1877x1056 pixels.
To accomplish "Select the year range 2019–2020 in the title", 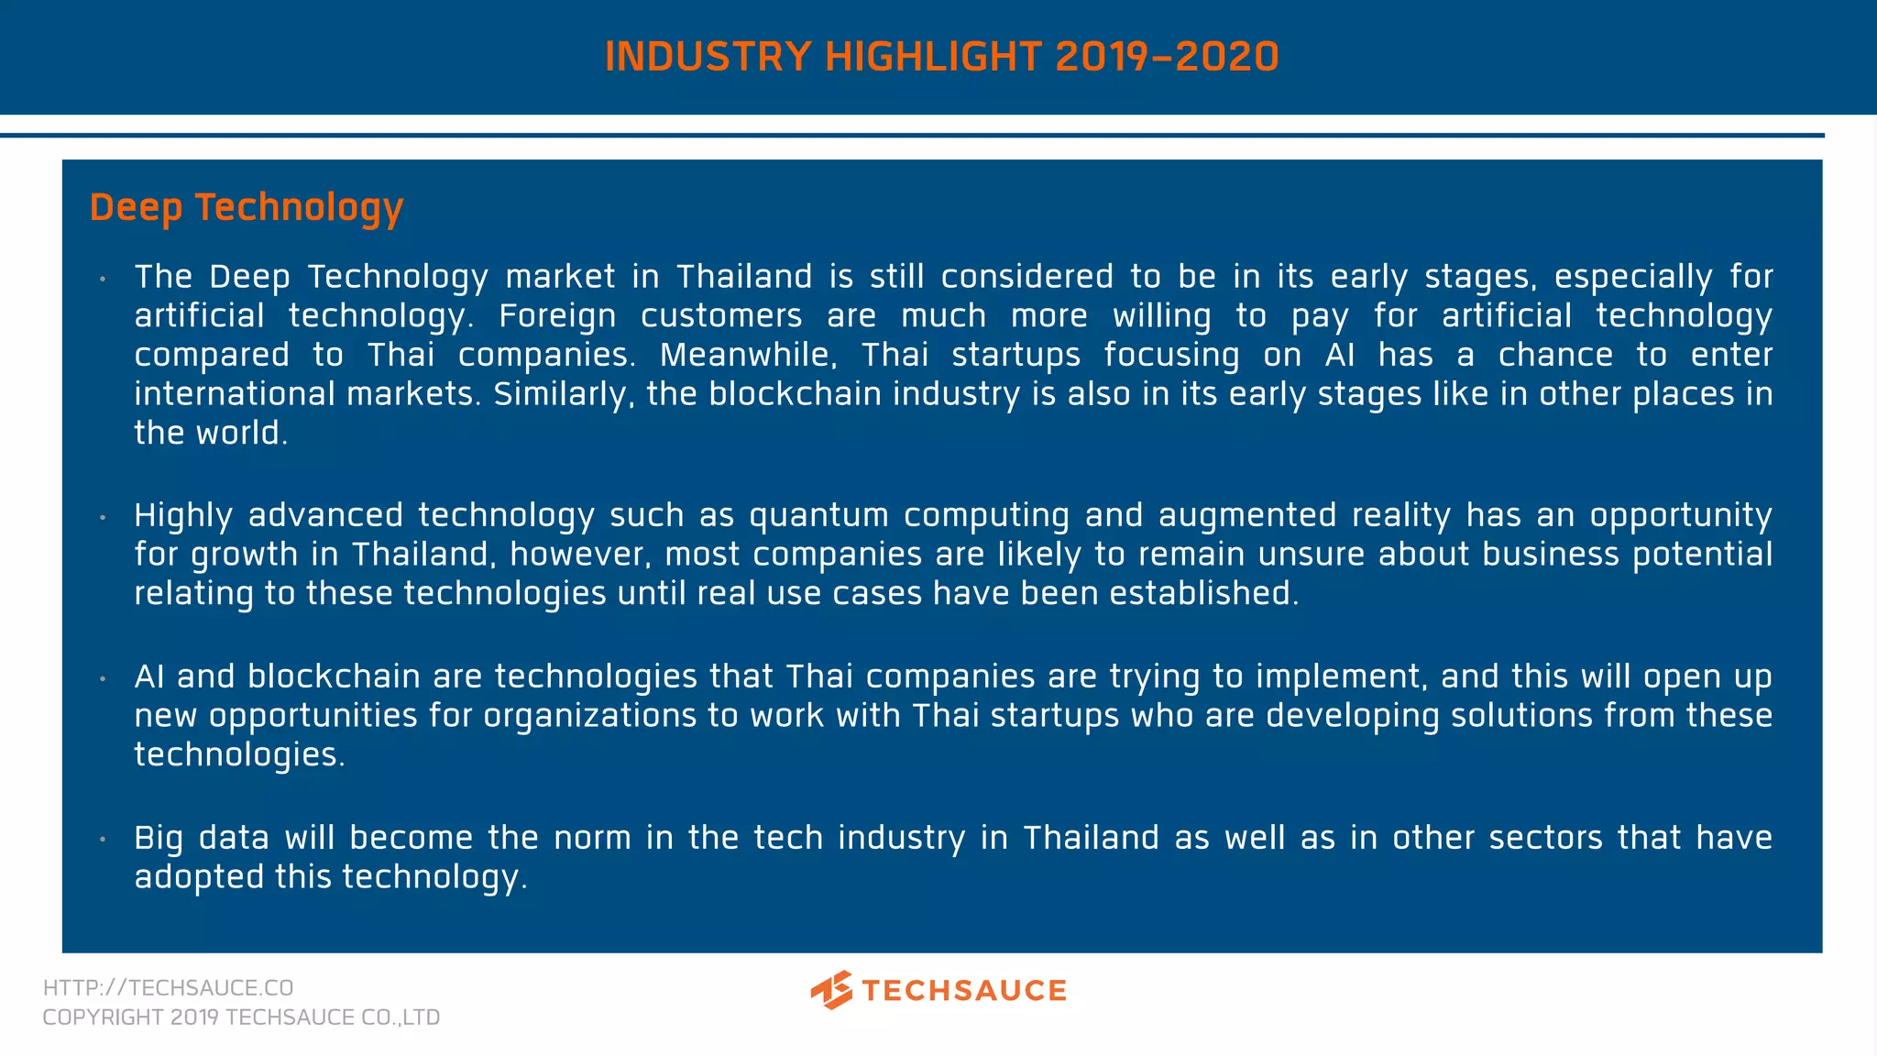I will coord(1167,57).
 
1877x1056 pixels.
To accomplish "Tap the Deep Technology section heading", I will coord(246,208).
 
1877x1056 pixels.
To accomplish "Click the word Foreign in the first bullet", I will coord(557,316).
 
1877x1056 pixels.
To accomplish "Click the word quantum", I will coord(818,516).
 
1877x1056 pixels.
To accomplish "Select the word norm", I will coord(592,838).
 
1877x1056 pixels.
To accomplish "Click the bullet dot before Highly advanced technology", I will coord(104,518).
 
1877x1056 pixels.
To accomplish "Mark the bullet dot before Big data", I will coord(104,840).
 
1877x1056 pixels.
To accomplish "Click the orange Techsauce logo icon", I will coord(831,990).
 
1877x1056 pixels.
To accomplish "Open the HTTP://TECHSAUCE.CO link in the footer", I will coord(168,988).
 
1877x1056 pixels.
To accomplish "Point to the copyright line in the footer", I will coord(241,1017).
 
